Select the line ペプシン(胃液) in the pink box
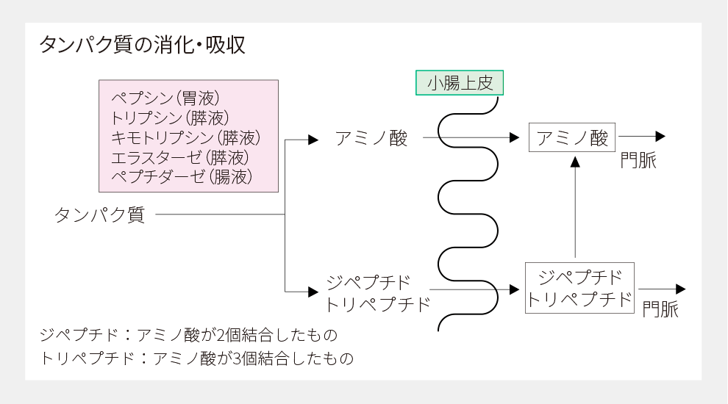(165, 98)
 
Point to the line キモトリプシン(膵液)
(186, 137)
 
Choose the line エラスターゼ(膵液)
(180, 157)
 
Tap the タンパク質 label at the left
(100, 215)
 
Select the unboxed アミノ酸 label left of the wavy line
(371, 137)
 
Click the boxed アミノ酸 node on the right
(572, 137)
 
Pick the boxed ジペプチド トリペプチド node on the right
(579, 289)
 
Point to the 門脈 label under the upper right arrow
(638, 161)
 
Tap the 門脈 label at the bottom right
(660, 310)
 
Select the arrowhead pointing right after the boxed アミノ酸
(660, 137)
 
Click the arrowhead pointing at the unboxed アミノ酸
(313, 140)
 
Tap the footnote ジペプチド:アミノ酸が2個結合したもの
(189, 336)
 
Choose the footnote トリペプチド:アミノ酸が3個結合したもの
(197, 359)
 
